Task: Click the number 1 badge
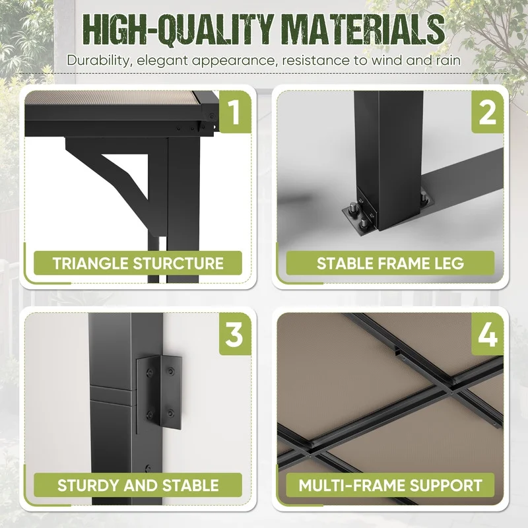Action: pyautogui.click(x=235, y=112)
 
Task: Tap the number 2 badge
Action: pyautogui.click(x=487, y=112)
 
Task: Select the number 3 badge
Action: pyautogui.click(x=235, y=334)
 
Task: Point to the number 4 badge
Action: pyautogui.click(x=487, y=334)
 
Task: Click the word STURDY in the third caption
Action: pyautogui.click(x=88, y=485)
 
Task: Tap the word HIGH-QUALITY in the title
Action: pyautogui.click(x=178, y=30)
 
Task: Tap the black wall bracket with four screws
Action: pyautogui.click(x=159, y=393)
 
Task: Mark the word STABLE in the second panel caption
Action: pyautogui.click(x=345, y=263)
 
